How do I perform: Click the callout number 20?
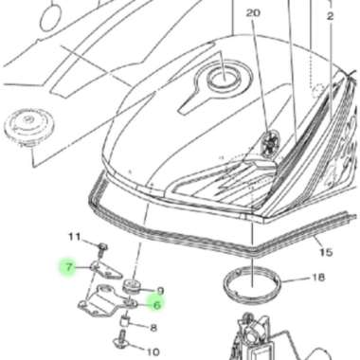click(251, 13)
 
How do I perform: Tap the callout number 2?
click(331, 16)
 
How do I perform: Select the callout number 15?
click(325, 254)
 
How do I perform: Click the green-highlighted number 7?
click(67, 268)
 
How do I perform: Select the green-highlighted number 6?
click(155, 305)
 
